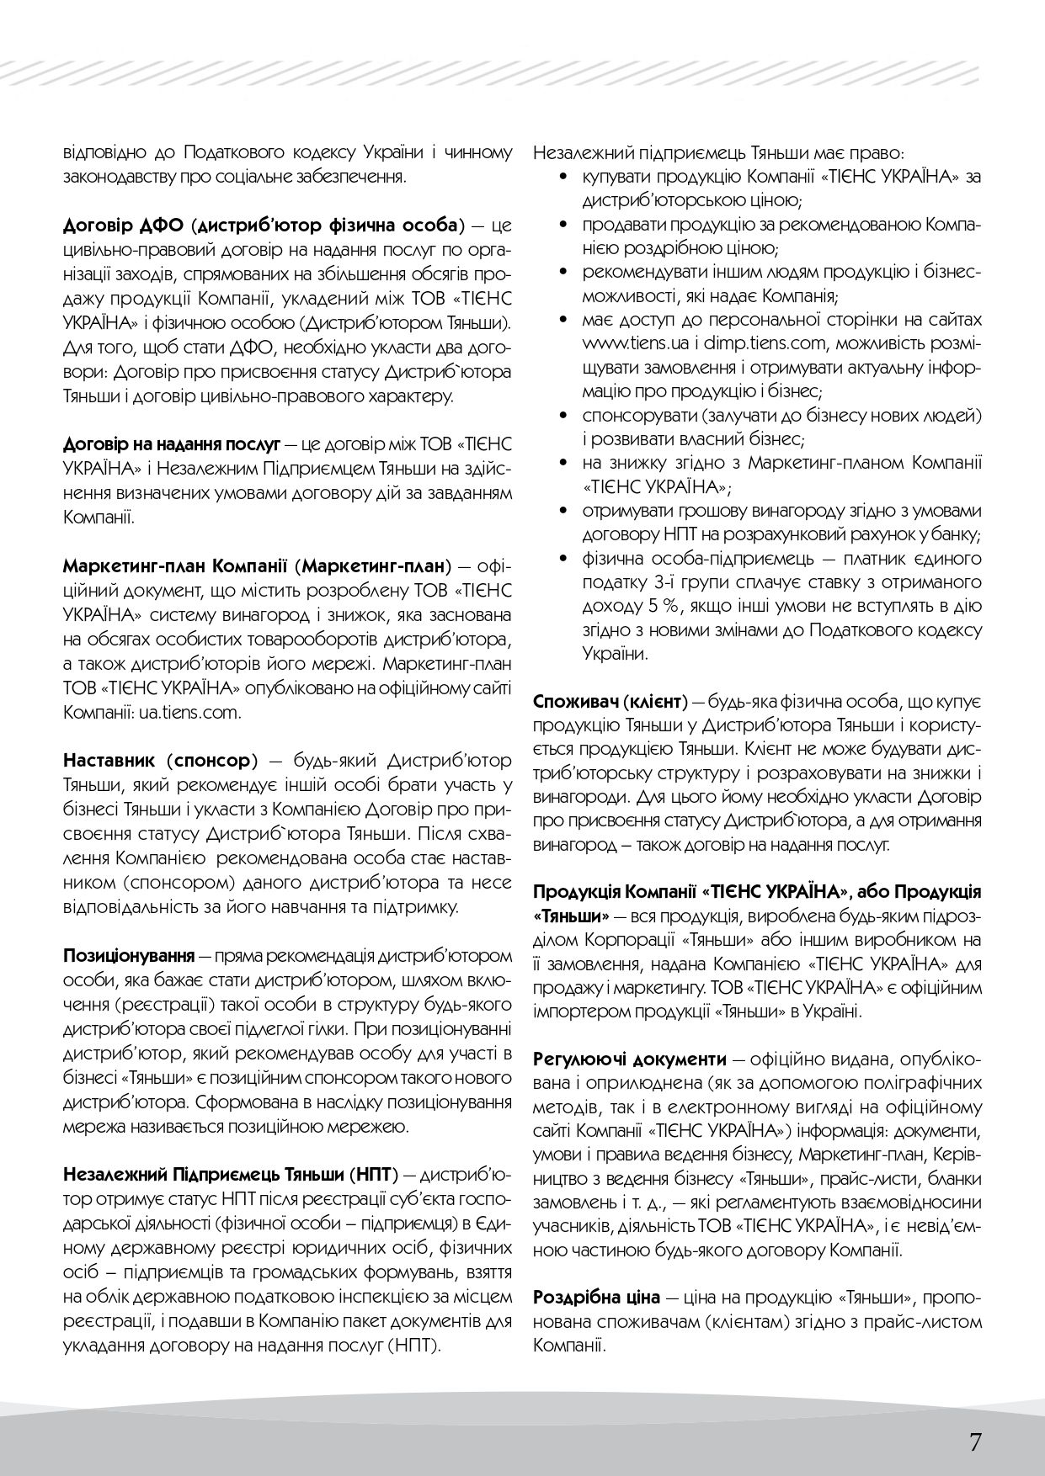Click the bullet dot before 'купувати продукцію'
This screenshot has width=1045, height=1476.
[562, 178]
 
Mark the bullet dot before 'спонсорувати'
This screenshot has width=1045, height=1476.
[562, 416]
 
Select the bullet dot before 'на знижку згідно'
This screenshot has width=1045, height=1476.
[562, 464]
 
